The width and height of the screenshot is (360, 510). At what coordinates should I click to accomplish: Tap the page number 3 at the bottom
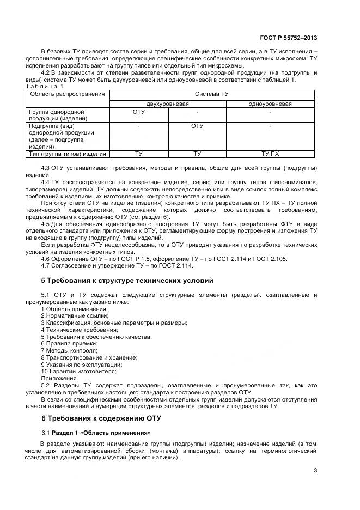coord(315,471)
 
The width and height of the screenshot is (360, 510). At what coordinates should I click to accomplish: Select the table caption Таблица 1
coord(45,87)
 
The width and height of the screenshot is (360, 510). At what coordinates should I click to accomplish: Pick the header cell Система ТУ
coord(212,94)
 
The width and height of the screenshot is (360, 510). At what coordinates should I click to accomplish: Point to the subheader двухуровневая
coord(167,104)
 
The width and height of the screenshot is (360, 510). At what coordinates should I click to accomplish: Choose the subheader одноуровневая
coord(270,104)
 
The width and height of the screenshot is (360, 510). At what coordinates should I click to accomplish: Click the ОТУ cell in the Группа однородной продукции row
coord(139,112)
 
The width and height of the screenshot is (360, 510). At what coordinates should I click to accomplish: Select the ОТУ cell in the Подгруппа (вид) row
coord(197,126)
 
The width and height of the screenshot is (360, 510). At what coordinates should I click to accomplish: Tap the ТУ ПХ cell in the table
coord(270,154)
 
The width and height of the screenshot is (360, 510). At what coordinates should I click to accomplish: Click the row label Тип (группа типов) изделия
coord(67,154)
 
